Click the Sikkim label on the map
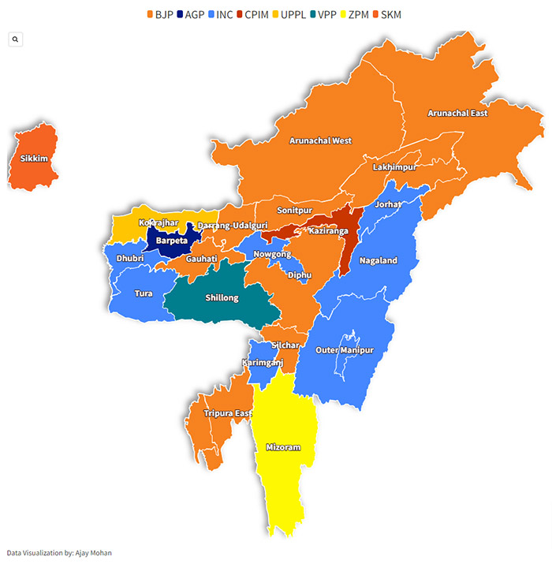[34, 159]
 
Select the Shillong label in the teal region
[222, 297]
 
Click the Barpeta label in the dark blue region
[171, 240]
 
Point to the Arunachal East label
[457, 113]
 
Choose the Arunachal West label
[320, 140]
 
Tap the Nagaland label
[379, 260]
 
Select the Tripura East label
[228, 413]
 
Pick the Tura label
[144, 293]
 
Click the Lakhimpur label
[393, 168]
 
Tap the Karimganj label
[262, 362]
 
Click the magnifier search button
[15, 39]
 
